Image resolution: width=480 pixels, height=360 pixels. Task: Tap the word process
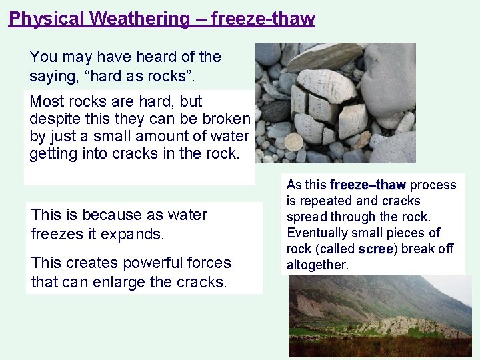point(433,185)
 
